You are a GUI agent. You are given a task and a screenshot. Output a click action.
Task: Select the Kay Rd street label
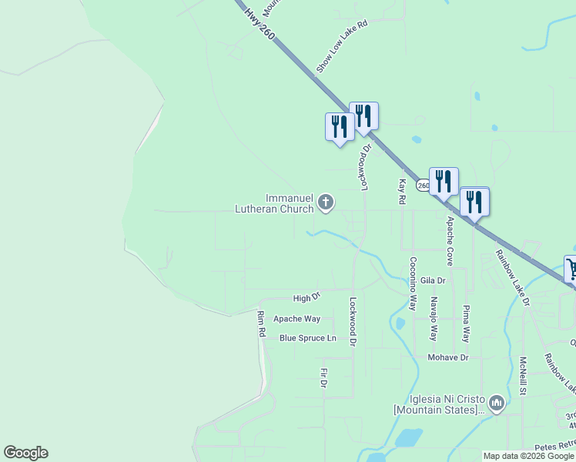point(402,192)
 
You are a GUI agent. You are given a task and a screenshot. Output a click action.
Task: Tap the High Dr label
point(306,297)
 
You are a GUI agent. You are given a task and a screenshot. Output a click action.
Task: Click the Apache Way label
point(296,319)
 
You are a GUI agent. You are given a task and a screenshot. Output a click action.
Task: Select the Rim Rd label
point(262,324)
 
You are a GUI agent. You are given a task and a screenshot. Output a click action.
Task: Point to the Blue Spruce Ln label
point(308,338)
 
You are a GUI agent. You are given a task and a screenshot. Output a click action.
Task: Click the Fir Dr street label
point(324,378)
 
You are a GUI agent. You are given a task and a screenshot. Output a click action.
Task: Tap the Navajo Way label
point(434,320)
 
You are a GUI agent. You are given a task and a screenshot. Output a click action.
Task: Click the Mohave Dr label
point(448,358)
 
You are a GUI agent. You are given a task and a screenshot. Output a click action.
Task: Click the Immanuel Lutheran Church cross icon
point(326,203)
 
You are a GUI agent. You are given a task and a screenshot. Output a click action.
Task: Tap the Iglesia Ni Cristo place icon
point(496,403)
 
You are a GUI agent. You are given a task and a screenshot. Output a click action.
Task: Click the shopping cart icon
point(571,269)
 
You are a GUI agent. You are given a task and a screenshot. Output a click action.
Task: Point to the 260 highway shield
point(424,186)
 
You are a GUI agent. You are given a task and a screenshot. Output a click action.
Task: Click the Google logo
point(25,453)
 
